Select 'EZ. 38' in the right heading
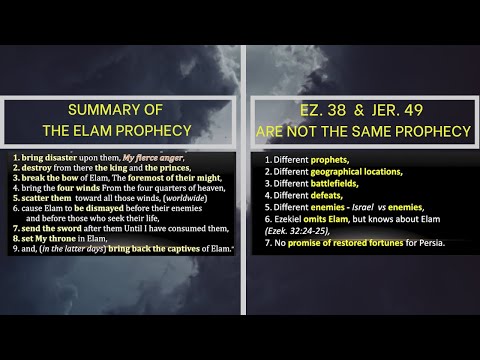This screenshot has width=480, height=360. coord(308,109)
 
